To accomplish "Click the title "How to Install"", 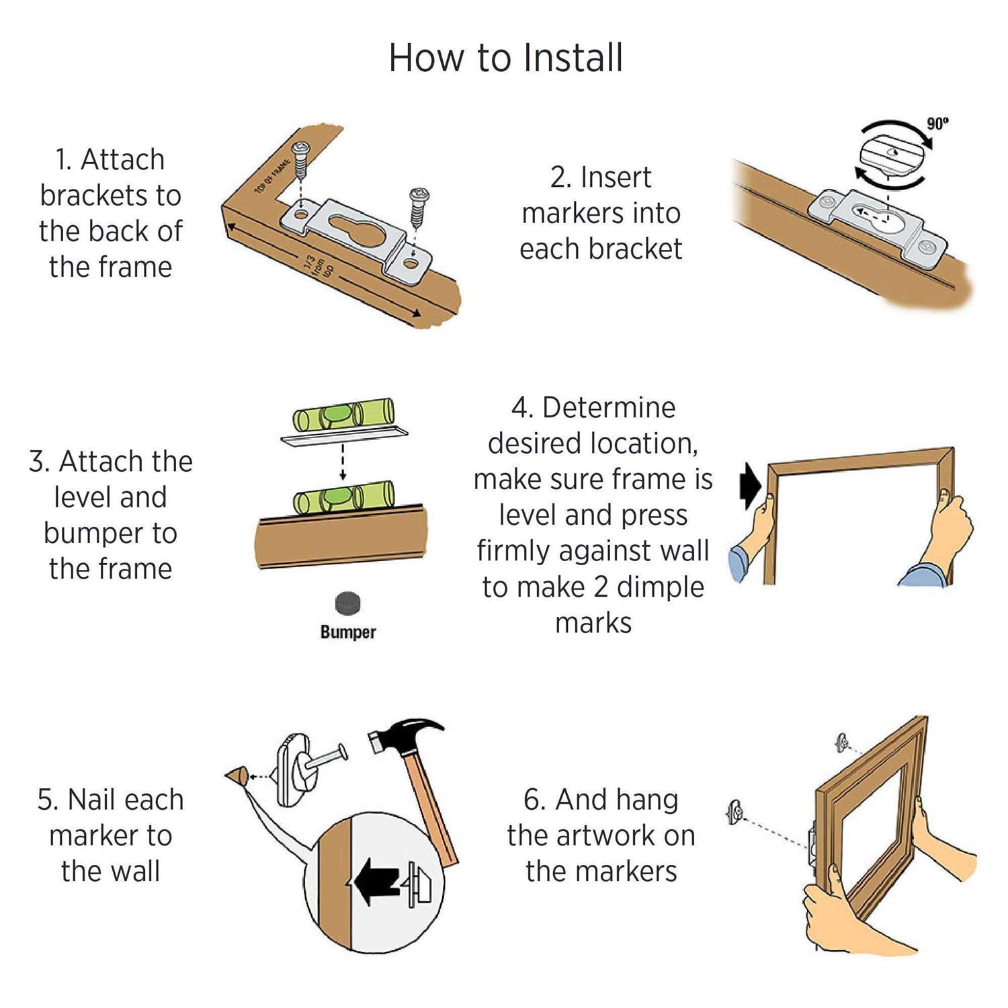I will coord(505,58).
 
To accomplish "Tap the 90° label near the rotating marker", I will coord(937,124).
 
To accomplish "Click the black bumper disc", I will coord(347,603).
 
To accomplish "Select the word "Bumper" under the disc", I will coord(347,632).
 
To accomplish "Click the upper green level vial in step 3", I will coord(343,416).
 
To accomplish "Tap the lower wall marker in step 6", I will coord(736,812).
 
